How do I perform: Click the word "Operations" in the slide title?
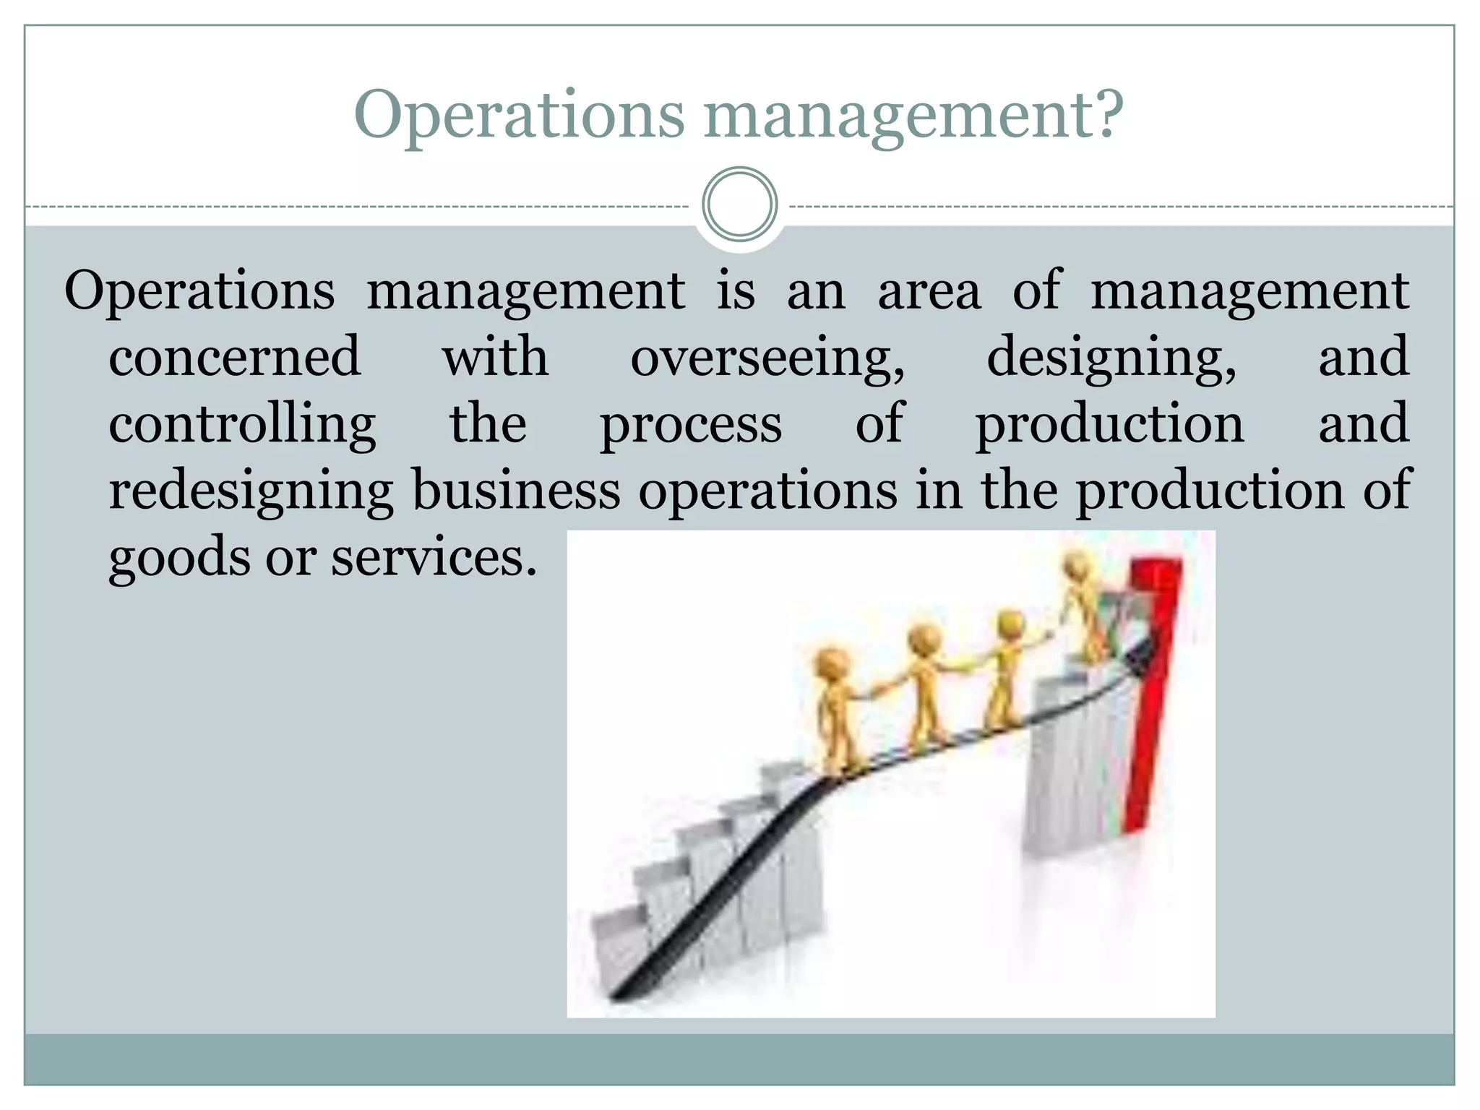tap(518, 116)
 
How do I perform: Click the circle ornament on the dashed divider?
tap(739, 204)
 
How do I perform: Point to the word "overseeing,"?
tap(767, 358)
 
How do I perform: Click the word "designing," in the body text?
tap(1111, 358)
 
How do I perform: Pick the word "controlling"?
tap(242, 425)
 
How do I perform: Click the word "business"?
tap(516, 490)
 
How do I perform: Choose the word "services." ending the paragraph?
tap(434, 558)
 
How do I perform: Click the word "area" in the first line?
tap(929, 291)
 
